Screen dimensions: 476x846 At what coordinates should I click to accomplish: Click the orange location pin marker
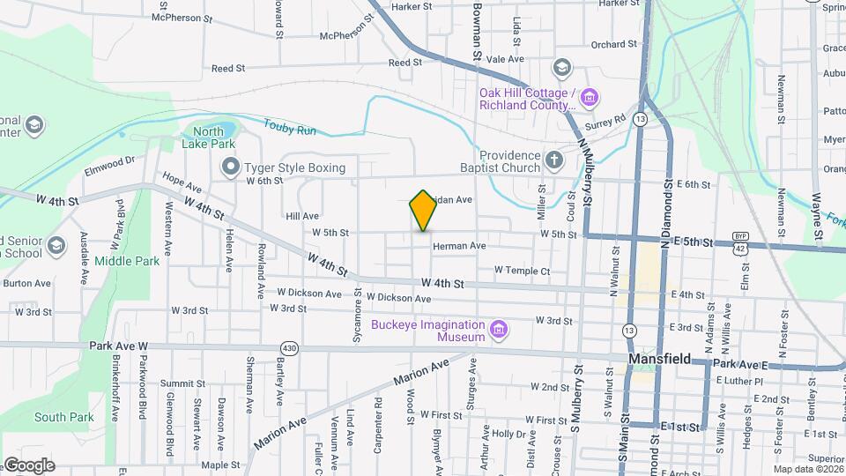(424, 211)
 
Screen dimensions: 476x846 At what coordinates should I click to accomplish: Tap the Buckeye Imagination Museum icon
(500, 331)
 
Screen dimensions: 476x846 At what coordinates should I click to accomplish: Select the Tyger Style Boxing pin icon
(231, 167)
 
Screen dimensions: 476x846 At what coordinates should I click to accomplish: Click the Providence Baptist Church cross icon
(553, 160)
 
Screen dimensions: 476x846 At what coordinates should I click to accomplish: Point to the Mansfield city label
(658, 361)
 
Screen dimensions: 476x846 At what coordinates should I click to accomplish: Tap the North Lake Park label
(208, 137)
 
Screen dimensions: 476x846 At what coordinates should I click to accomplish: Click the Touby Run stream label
(289, 130)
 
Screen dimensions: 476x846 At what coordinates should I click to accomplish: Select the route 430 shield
(290, 348)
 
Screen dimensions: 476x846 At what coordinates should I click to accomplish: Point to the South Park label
(63, 417)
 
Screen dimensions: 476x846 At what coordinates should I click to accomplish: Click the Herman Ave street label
(459, 246)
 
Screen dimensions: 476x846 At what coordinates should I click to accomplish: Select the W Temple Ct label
(522, 271)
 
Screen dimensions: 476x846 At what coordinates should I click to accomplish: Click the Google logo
(29, 465)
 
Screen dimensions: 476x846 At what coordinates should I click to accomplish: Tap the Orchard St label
(613, 44)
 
